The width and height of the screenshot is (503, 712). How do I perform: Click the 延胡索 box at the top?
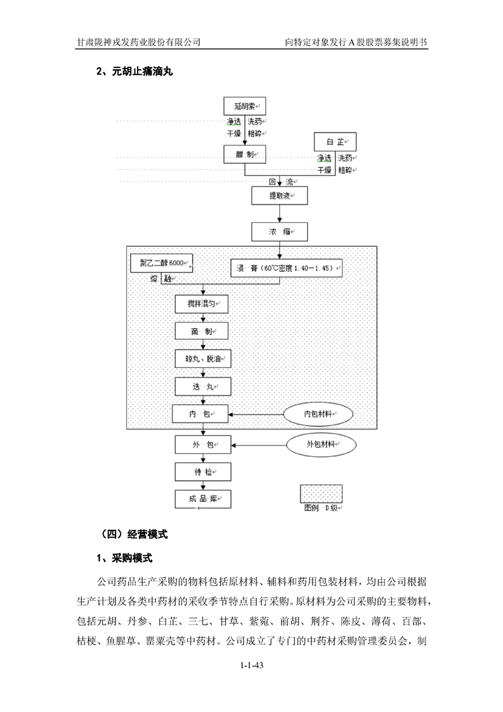click(245, 107)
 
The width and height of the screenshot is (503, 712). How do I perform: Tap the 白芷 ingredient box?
click(335, 142)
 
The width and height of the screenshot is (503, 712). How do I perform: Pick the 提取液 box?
click(279, 195)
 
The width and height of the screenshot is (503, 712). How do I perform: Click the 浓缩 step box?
click(279, 232)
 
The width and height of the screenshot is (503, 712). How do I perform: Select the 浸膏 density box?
click(287, 268)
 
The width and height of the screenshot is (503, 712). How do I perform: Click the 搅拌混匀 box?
click(203, 305)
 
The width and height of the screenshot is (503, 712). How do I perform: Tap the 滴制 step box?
click(203, 332)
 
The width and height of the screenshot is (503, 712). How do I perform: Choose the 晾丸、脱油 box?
click(203, 359)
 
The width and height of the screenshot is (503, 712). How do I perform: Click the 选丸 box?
click(203, 386)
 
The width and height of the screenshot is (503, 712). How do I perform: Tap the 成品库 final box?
click(203, 499)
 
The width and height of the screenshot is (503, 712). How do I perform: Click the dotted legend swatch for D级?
click(322, 493)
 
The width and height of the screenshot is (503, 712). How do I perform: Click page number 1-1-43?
click(252, 665)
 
